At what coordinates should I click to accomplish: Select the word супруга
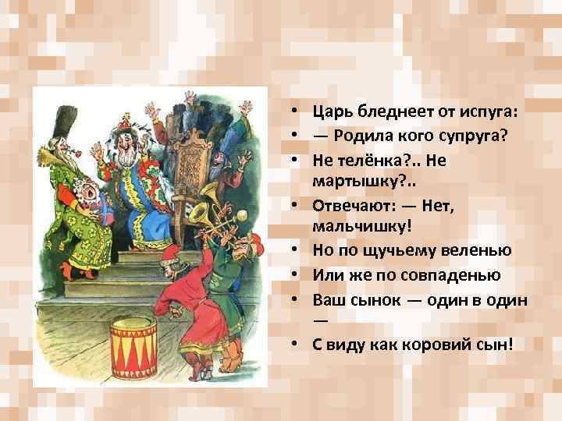(x=475, y=136)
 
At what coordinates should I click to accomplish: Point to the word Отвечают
(x=353, y=207)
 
